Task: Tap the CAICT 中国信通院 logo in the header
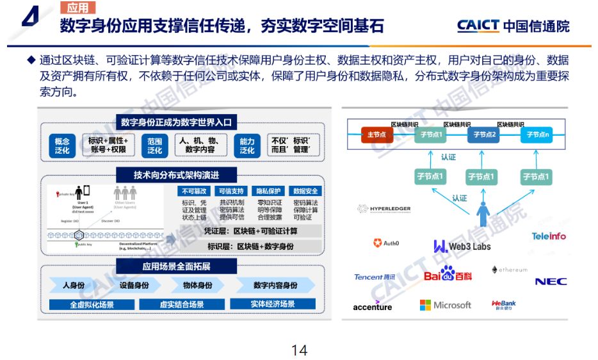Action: tap(513, 26)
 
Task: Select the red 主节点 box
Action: tap(376, 135)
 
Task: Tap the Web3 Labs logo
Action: tap(462, 246)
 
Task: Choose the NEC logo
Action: tap(551, 281)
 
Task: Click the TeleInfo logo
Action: tap(549, 236)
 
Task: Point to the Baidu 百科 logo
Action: tap(448, 275)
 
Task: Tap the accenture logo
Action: tap(372, 306)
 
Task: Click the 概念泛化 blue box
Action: tap(62, 145)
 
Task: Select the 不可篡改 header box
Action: tap(195, 191)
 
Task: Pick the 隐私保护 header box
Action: tap(268, 191)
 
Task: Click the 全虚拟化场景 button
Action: tap(92, 304)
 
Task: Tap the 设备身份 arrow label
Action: tap(134, 285)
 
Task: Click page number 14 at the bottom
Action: tap(299, 350)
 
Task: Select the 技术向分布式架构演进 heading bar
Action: tap(175, 175)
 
